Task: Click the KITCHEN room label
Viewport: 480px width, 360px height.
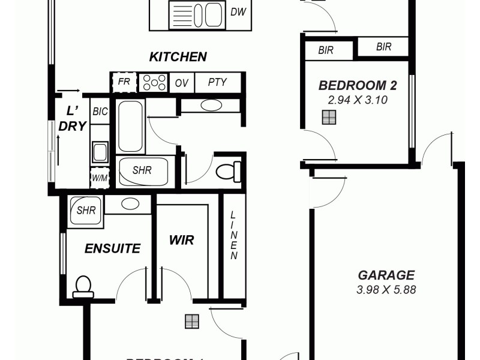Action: point(178,57)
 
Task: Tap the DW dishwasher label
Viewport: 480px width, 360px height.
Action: point(238,12)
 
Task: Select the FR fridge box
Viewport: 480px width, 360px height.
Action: point(124,82)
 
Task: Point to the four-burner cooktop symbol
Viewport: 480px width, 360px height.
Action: point(154,83)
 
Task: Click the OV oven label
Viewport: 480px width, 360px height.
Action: point(181,83)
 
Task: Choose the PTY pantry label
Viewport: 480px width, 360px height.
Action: point(217,82)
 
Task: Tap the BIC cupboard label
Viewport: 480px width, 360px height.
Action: point(100,112)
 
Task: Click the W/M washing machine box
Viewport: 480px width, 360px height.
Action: point(100,178)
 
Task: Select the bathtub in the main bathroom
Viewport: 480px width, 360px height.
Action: point(130,126)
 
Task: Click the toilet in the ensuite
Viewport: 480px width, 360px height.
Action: point(83,286)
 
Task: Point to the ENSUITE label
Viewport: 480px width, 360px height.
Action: point(112,248)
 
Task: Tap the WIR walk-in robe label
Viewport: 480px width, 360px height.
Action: point(181,240)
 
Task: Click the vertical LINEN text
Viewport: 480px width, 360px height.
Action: point(234,236)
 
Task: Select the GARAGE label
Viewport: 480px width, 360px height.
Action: point(386,275)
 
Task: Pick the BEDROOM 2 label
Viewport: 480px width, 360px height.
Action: point(358,86)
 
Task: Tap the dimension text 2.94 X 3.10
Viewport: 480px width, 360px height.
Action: point(358,100)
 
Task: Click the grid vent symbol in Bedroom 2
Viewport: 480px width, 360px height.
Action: point(328,118)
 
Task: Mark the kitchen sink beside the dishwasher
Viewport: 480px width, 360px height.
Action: point(197,14)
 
